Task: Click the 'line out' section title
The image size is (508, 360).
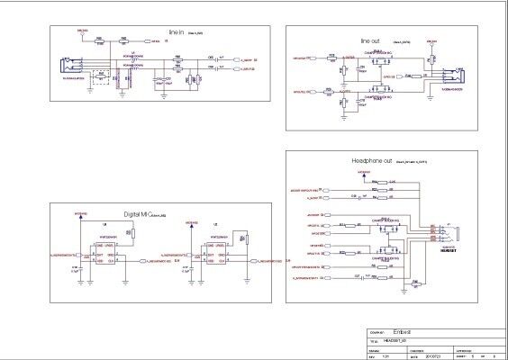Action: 370,41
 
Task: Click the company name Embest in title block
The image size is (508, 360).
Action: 415,332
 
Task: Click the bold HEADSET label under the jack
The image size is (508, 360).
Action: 448,251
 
